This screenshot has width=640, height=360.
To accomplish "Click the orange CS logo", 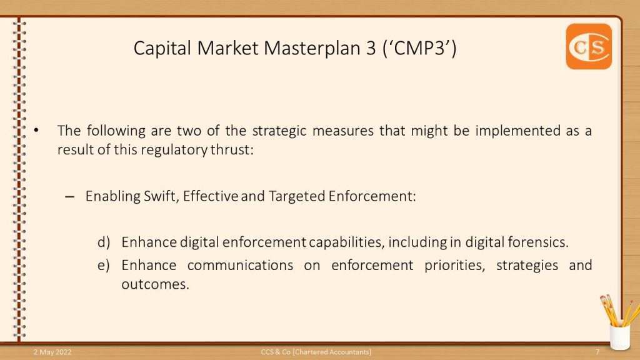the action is pos(589,46).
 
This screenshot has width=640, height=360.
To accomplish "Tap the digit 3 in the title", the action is pos(371,48).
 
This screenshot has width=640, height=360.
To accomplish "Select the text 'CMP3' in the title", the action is pos(419,48).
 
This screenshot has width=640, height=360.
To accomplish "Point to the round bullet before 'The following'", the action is pos(36,131).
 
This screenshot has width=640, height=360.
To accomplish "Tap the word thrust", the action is pos(232,150).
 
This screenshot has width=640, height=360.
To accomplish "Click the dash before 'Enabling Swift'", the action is pos(70,197).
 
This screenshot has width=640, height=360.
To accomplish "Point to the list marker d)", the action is pos(104,242).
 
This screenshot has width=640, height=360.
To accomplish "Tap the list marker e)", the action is pos(104,265).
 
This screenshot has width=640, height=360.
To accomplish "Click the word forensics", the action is pos(538,242).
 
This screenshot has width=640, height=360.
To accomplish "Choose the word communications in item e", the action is pos(240,265).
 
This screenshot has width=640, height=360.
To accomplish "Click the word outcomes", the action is pos(155,284).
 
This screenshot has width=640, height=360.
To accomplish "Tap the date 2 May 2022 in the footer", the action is pos(52,352).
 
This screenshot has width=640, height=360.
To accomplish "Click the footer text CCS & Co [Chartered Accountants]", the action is pos(316,352).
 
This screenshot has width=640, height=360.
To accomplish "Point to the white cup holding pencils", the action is pos(619,336).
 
